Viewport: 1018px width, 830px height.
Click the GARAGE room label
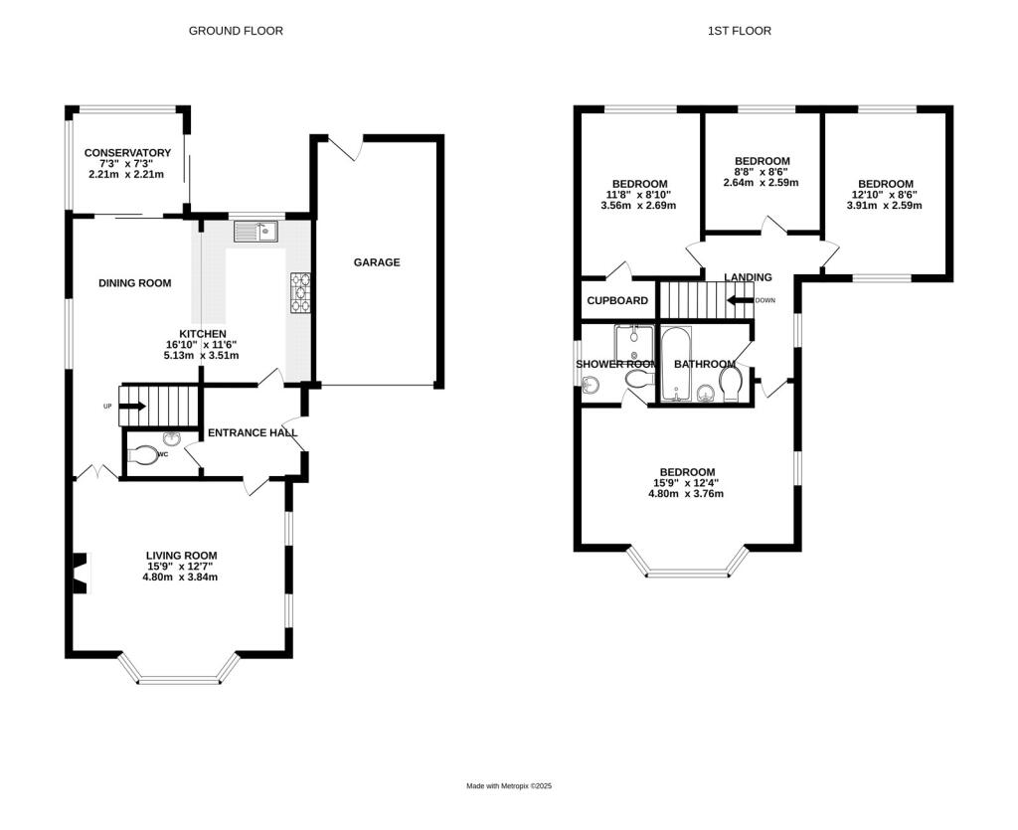377,262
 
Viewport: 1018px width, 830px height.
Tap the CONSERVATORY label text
127,152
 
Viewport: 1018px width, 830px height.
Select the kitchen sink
255,231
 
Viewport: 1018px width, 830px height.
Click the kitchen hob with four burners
300,292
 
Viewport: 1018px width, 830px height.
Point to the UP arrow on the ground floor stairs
132,407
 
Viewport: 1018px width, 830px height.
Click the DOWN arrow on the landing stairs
740,300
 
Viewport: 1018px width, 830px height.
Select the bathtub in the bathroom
676,364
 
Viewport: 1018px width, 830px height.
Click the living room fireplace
80,573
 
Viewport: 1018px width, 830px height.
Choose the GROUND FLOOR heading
236,31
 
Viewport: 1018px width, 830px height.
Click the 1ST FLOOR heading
740,31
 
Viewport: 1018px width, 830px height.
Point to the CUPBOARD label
617,300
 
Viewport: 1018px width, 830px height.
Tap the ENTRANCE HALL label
253,432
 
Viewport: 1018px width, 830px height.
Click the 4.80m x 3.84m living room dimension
181,577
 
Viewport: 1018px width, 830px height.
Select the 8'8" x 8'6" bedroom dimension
761,172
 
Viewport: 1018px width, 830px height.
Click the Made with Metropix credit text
509,786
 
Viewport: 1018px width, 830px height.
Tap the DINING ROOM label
135,283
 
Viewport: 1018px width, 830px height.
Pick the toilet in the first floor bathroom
732,384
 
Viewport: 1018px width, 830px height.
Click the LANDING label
748,277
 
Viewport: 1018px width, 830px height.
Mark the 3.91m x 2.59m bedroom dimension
884,206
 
